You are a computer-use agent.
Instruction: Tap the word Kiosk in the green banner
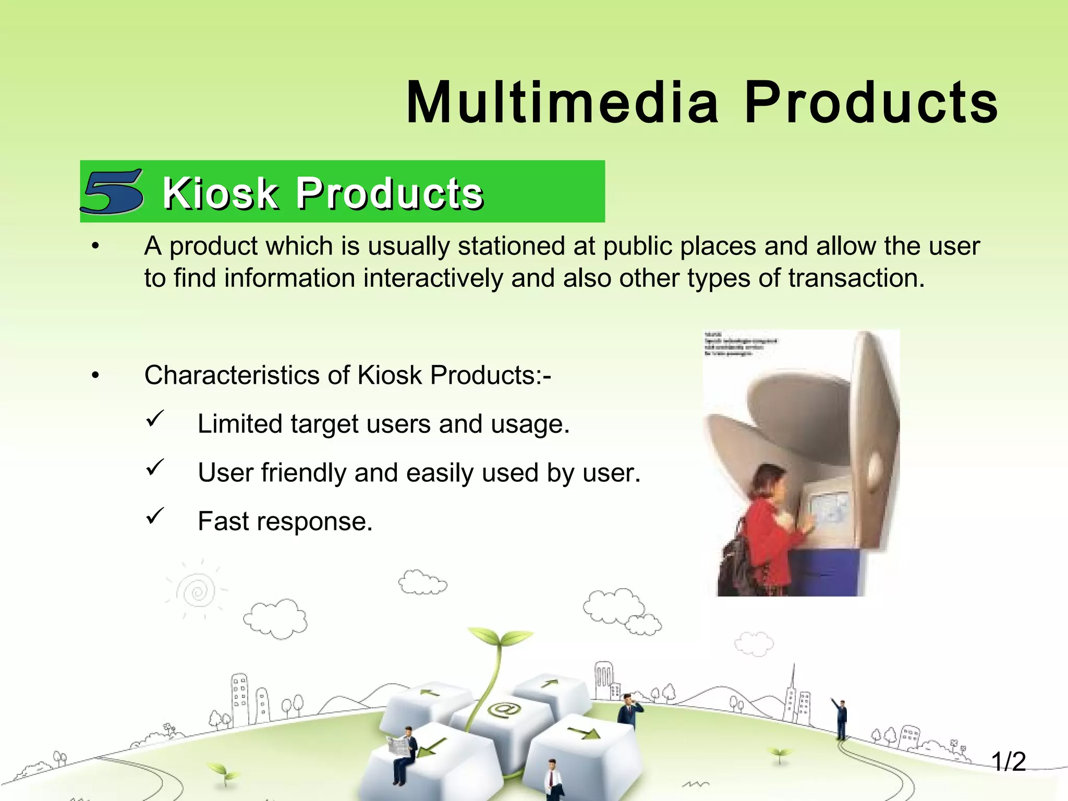[x=220, y=193]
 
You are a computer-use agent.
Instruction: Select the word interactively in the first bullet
[x=433, y=278]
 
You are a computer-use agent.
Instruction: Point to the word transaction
[x=856, y=278]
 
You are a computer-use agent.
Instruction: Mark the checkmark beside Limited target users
[x=155, y=419]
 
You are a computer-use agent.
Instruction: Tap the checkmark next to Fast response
[x=155, y=516]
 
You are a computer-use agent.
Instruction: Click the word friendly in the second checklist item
[x=303, y=473]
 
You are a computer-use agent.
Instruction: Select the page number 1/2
[x=1008, y=762]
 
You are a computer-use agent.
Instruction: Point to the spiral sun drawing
[x=197, y=591]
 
